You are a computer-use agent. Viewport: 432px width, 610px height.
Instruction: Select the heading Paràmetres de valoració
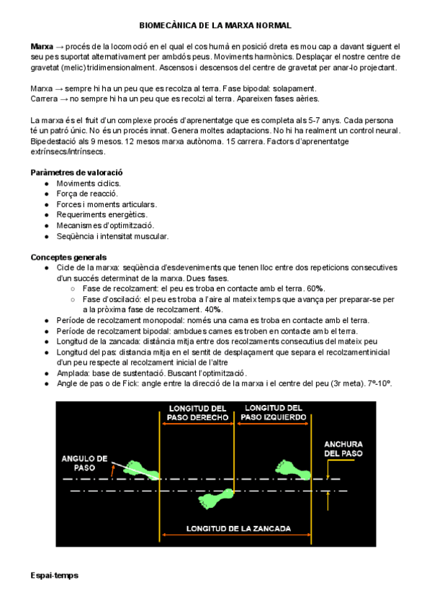pyautogui.click(x=77, y=173)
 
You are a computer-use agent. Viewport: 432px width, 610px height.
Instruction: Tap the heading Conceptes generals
pyautogui.click(x=69, y=257)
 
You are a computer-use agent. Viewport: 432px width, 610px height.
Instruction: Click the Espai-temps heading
pyautogui.click(x=55, y=575)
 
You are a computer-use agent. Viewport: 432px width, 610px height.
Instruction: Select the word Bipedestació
pyautogui.click(x=55, y=142)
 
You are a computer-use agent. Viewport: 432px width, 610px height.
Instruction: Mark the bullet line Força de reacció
pyautogui.click(x=88, y=194)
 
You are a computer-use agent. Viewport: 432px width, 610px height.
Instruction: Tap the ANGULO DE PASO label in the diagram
pyautogui.click(x=84, y=462)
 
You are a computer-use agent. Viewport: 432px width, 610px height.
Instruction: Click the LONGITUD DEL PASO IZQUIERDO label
pyautogui.click(x=274, y=412)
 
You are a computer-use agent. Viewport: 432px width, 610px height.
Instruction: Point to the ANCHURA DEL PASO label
pyautogui.click(x=343, y=449)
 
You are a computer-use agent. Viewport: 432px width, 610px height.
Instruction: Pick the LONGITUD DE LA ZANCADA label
pyautogui.click(x=238, y=528)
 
